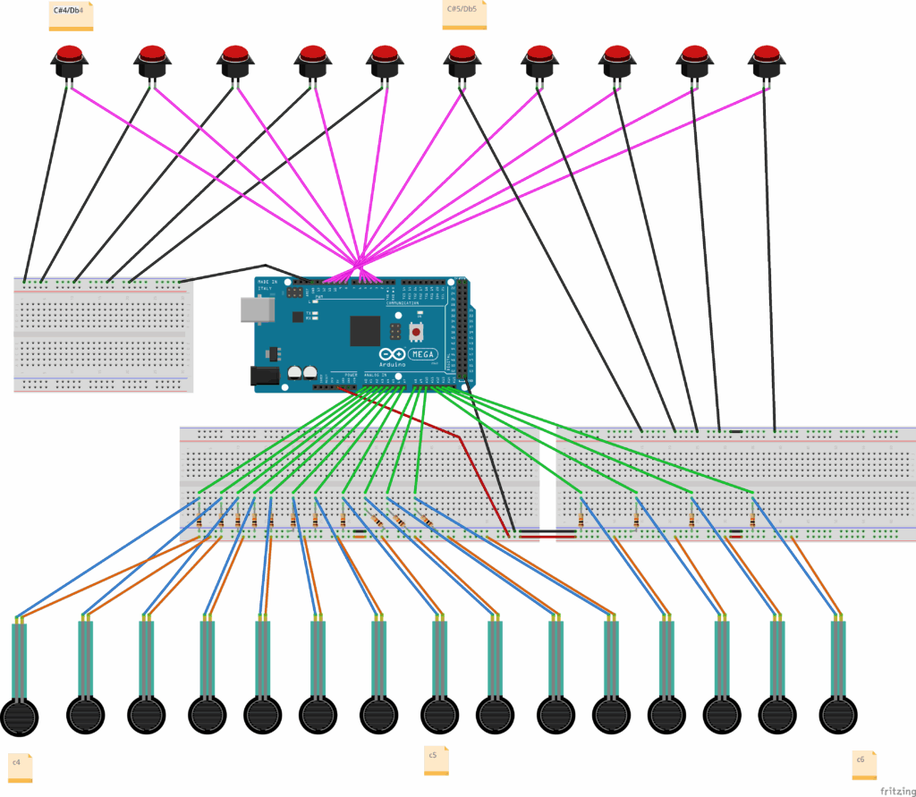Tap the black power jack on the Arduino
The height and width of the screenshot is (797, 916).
tap(264, 376)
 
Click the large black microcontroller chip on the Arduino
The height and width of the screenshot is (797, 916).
tap(365, 330)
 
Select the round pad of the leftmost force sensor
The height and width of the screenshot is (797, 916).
tap(20, 716)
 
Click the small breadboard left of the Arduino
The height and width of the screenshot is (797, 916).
tap(103, 334)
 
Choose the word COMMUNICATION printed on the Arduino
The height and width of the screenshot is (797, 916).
tap(403, 304)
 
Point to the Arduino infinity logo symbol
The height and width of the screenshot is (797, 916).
tap(396, 354)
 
